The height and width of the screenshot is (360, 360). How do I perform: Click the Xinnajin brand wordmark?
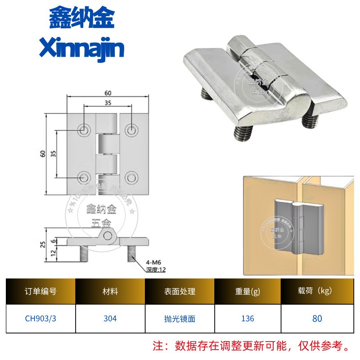[x=81, y=47]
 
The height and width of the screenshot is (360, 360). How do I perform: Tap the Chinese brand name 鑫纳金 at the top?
[x=81, y=18]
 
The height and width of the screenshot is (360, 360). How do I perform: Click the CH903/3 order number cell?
[x=40, y=319]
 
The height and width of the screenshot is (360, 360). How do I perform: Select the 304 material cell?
[x=110, y=319]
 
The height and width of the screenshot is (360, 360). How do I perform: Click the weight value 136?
[x=247, y=319]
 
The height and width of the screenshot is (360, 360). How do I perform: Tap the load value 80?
[x=317, y=319]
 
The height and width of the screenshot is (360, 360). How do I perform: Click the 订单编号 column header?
[x=40, y=291]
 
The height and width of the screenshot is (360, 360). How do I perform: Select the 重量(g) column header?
[x=247, y=291]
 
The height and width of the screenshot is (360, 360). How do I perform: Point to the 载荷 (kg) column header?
[x=317, y=291]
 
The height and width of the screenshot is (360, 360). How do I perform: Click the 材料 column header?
[x=110, y=291]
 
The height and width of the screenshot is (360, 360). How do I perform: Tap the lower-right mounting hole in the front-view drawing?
[x=131, y=177]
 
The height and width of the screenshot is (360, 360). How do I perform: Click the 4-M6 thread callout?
[x=154, y=263]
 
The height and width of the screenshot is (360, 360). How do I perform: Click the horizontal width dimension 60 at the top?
[x=108, y=93]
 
